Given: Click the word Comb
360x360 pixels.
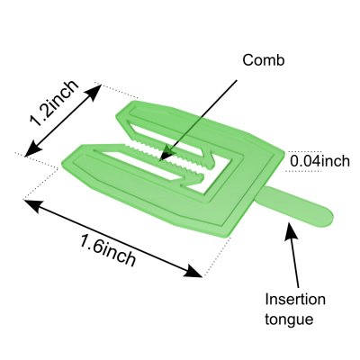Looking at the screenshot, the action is click(x=264, y=60).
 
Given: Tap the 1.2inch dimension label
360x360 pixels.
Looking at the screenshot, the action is click(x=54, y=103).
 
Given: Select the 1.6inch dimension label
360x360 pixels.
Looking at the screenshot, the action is click(x=108, y=250).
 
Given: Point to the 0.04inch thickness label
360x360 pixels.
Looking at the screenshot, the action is click(x=319, y=161).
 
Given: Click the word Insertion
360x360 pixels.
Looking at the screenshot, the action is click(x=295, y=299).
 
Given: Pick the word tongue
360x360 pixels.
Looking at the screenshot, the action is click(x=289, y=319).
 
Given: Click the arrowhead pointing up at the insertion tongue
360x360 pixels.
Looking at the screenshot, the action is click(x=290, y=230).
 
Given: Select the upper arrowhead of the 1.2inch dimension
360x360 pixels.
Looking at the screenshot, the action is click(x=94, y=91).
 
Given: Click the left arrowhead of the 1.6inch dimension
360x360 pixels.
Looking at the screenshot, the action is click(x=31, y=205).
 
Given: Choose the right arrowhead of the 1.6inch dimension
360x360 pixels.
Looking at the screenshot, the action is click(x=193, y=271).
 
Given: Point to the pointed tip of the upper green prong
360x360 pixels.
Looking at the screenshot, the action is click(x=117, y=116).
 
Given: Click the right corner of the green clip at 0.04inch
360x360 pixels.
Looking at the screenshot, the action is click(x=283, y=153).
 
